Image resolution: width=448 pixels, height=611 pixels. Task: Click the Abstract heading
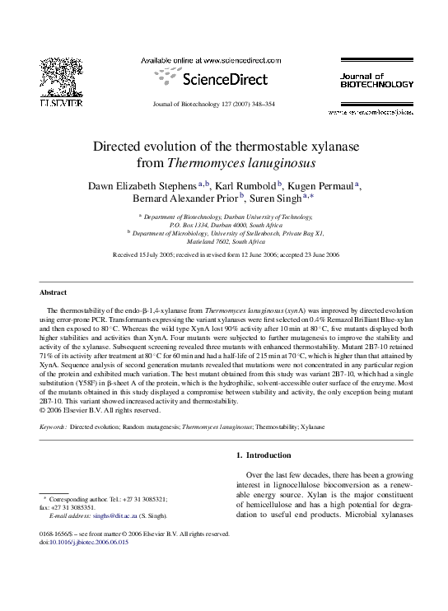53,292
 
